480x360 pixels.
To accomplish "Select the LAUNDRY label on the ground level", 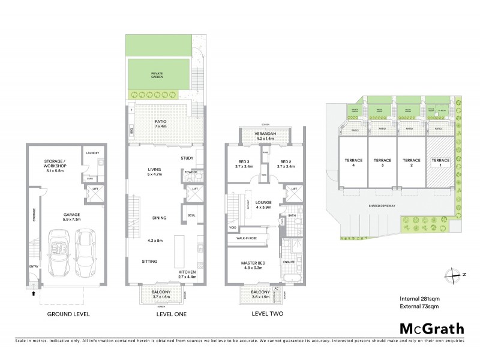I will pos(92,153).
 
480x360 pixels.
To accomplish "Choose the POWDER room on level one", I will pos(191,172).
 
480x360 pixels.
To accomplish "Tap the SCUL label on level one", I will pos(191,215).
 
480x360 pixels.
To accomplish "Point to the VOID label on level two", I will pos(232,228).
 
